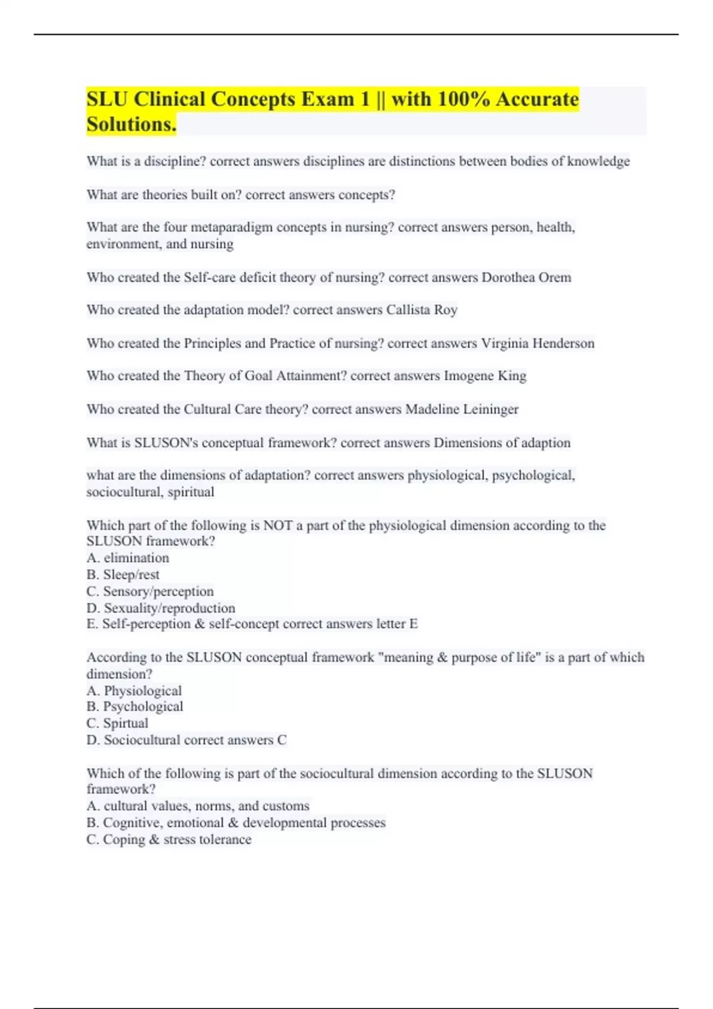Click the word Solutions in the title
tap(131, 124)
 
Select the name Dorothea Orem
tap(526, 278)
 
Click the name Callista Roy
tap(421, 310)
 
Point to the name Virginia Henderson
tap(537, 344)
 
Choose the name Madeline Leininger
tap(462, 410)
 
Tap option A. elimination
tap(128, 558)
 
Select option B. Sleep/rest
tap(123, 575)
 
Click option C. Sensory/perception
tap(150, 591)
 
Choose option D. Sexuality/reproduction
tap(160, 608)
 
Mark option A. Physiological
tap(134, 691)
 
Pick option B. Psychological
tap(134, 706)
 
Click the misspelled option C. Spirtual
tap(117, 723)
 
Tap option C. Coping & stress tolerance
tap(169, 839)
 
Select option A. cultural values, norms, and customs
tap(198, 806)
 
